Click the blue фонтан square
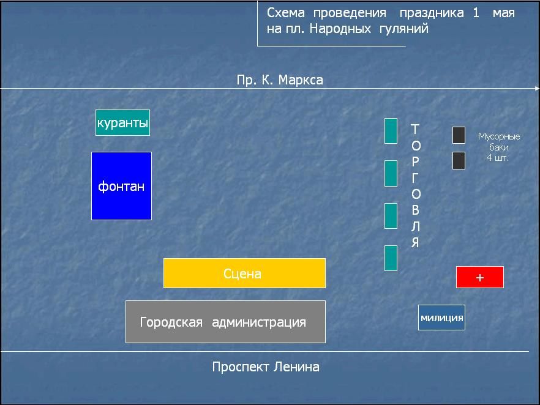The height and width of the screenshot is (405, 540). pos(122,186)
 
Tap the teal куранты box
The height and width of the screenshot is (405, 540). pos(122,122)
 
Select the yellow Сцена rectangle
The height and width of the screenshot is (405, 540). pos(244,273)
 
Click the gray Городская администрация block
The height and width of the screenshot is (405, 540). pos(225,322)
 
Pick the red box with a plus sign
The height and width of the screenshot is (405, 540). pos(480,277)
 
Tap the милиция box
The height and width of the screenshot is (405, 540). pos(442,318)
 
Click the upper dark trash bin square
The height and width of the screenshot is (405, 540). pos(459,135)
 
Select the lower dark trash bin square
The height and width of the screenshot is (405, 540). pos(459,161)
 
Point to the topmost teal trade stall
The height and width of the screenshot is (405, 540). pos(391,131)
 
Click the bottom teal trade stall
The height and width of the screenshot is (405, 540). pos(391,258)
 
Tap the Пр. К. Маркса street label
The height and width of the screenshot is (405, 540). pos(280,80)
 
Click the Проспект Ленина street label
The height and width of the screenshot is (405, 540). pos(266,367)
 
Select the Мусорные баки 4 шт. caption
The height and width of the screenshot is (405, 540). pos(498,147)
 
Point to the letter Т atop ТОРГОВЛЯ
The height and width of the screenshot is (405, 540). pos(415,129)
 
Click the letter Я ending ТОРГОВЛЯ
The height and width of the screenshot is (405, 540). pos(415,243)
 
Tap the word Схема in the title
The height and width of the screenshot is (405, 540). pos(286,13)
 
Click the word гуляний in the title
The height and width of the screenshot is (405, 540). pos(404,29)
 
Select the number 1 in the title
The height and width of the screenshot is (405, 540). pos(476,13)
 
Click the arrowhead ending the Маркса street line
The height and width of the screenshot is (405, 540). pos(538,89)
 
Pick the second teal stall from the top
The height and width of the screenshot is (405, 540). pos(391,173)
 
